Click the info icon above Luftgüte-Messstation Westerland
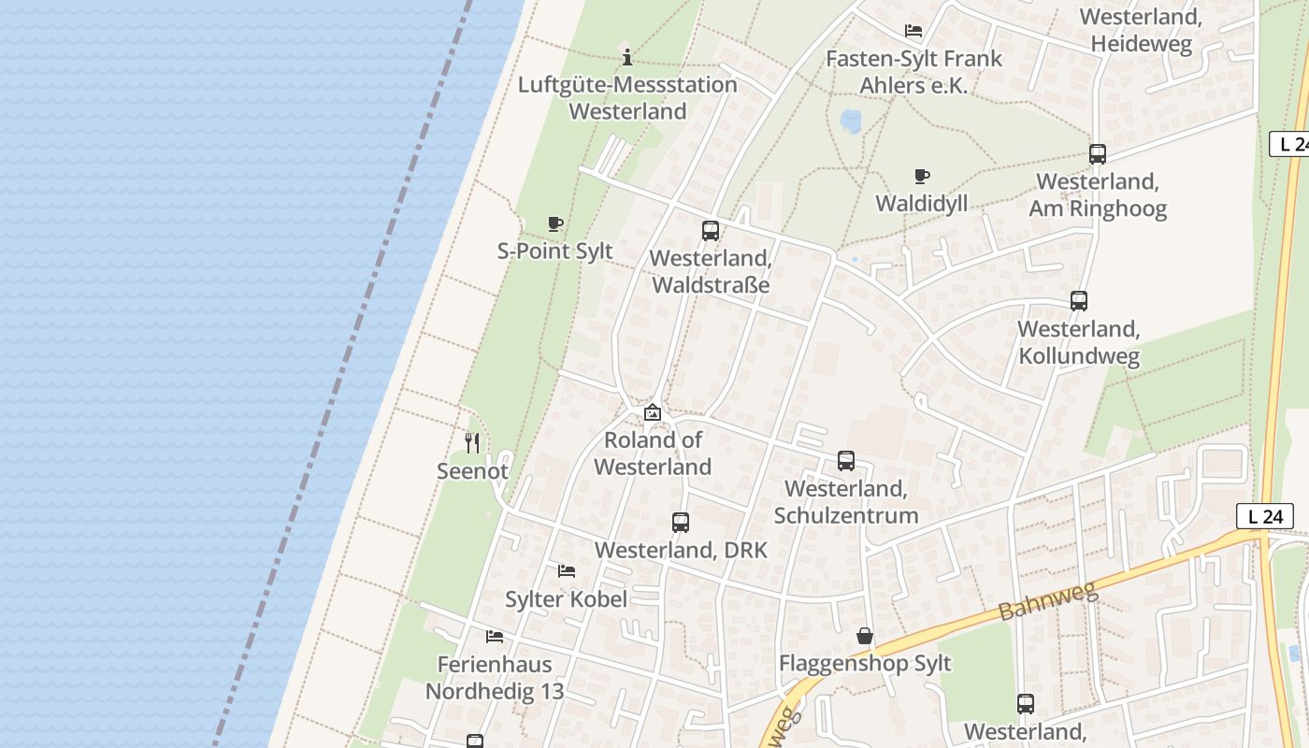click(627, 57)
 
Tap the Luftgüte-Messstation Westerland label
click(627, 98)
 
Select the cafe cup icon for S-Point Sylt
click(555, 224)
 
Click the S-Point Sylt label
click(555, 251)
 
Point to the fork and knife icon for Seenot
click(472, 443)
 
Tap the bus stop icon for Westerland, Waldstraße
click(711, 231)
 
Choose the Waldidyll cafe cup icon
click(922, 177)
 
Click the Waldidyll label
click(921, 203)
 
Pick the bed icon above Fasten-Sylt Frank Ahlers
click(913, 31)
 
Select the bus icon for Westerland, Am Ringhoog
click(1098, 154)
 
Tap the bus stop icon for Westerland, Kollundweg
click(1079, 301)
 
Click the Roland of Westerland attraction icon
click(653, 412)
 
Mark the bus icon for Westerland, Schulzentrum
click(846, 461)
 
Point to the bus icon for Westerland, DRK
click(681, 523)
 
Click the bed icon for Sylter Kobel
click(567, 571)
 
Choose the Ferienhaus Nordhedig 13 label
click(495, 678)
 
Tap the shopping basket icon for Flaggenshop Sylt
click(865, 637)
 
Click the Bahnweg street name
click(1046, 596)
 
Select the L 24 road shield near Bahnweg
click(1265, 516)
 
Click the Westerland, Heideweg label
click(1140, 30)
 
